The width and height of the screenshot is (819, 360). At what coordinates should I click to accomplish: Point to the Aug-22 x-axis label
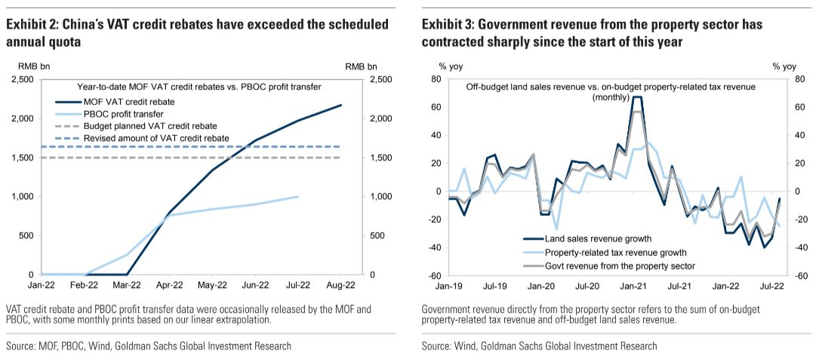[340, 285]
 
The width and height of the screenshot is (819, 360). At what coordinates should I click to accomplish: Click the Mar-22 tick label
[127, 285]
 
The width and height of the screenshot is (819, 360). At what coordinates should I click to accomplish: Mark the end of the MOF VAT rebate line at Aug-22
[340, 105]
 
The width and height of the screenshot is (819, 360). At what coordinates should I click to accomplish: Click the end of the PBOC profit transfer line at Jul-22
[297, 196]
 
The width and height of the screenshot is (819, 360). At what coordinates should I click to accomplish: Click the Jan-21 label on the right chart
[634, 285]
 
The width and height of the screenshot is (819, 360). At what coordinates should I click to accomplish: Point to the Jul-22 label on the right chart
[772, 285]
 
